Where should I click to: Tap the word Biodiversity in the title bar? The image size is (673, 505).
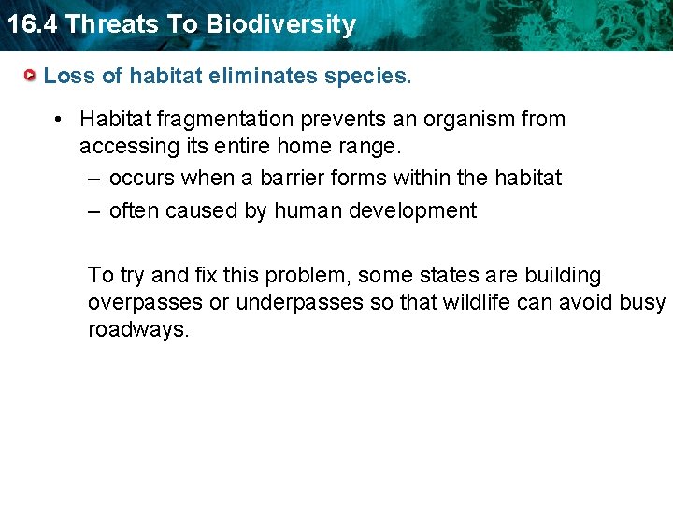tap(281, 24)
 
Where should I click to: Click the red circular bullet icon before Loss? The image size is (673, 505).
tap(31, 76)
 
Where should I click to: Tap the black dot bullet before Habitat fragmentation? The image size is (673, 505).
tap(58, 120)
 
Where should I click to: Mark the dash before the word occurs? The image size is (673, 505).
tap(93, 178)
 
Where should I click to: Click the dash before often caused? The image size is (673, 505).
tap(93, 210)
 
